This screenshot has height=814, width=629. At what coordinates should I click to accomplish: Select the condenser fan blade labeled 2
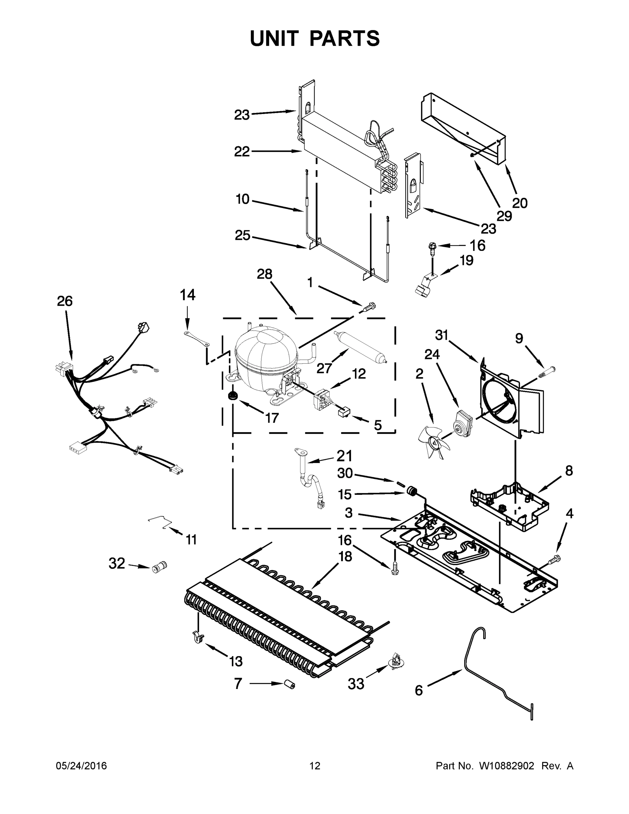[433, 442]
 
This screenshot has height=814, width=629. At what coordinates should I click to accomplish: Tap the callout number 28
[264, 274]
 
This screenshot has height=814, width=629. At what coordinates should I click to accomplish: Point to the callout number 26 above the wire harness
[64, 301]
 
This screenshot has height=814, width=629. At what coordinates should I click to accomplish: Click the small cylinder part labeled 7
[290, 684]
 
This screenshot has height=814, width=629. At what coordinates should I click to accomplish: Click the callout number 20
[520, 203]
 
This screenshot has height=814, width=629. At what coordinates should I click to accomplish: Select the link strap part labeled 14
[197, 338]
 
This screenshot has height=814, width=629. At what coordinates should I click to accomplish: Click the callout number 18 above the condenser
[346, 557]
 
